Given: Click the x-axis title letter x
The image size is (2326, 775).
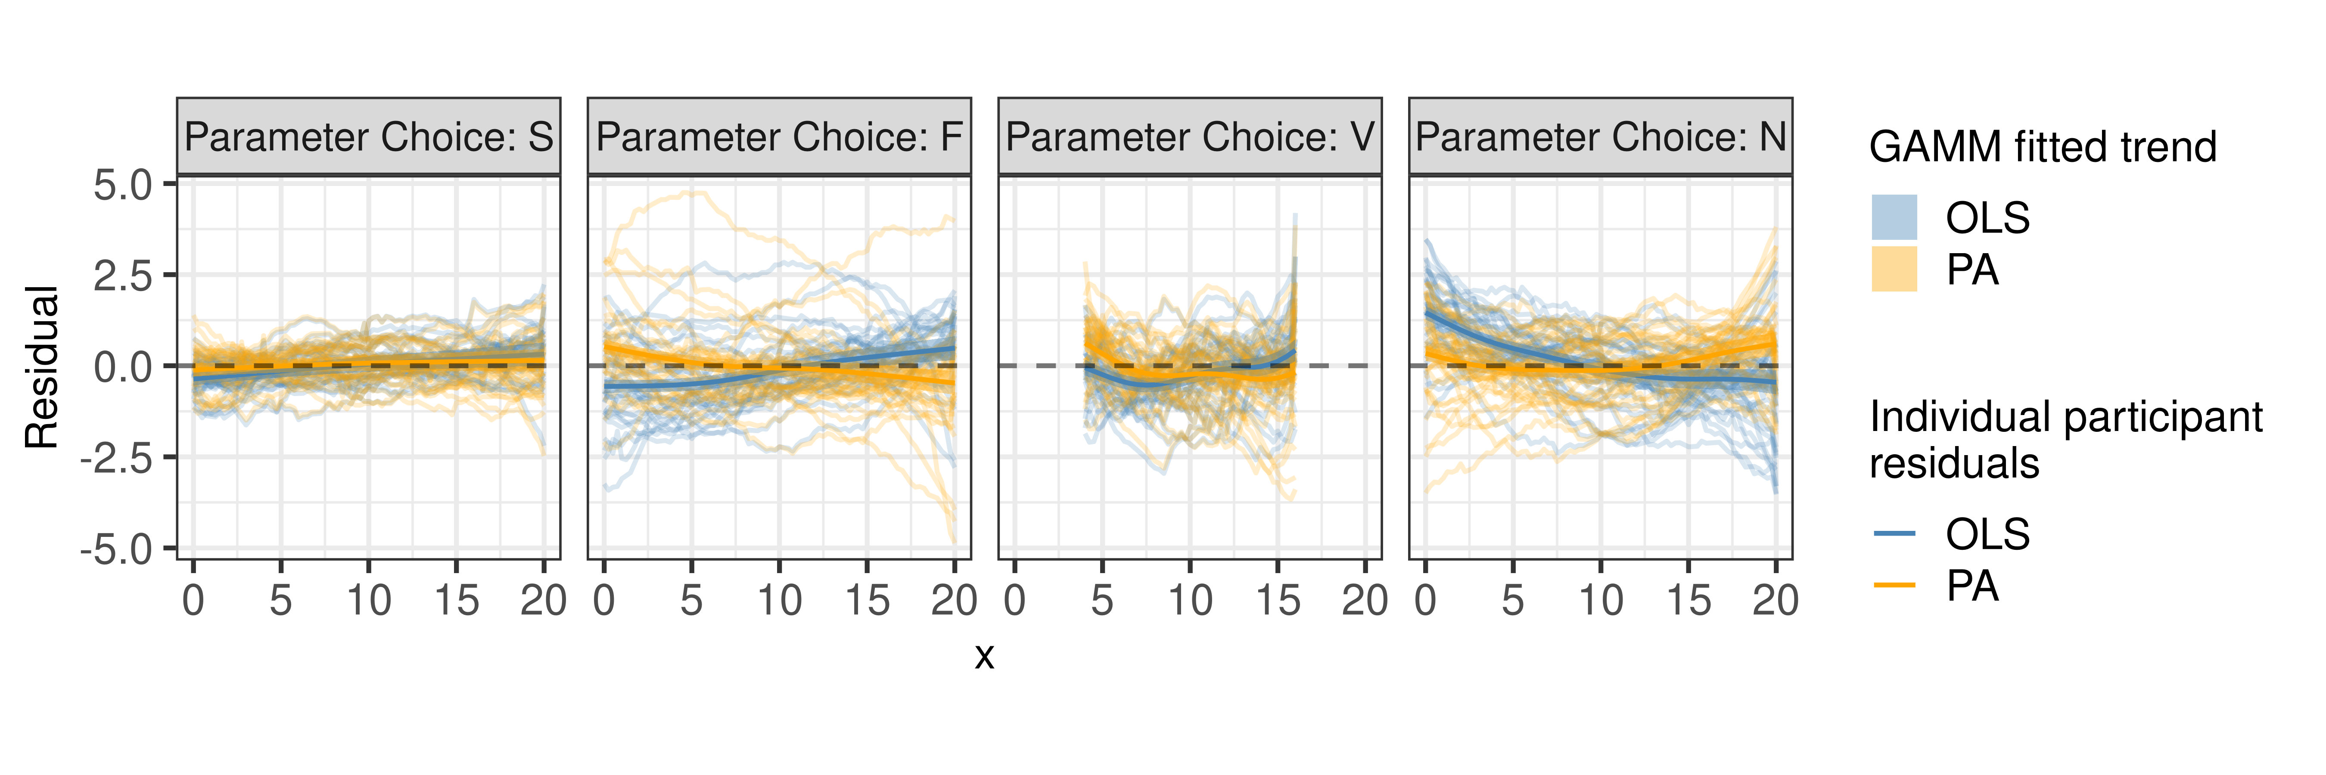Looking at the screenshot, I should (x=984, y=656).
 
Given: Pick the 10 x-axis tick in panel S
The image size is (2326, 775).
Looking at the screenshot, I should (x=368, y=600).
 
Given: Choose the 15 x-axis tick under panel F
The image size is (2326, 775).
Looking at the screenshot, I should (x=867, y=600).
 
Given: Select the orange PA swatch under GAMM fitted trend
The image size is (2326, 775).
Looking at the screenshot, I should (x=1894, y=269).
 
